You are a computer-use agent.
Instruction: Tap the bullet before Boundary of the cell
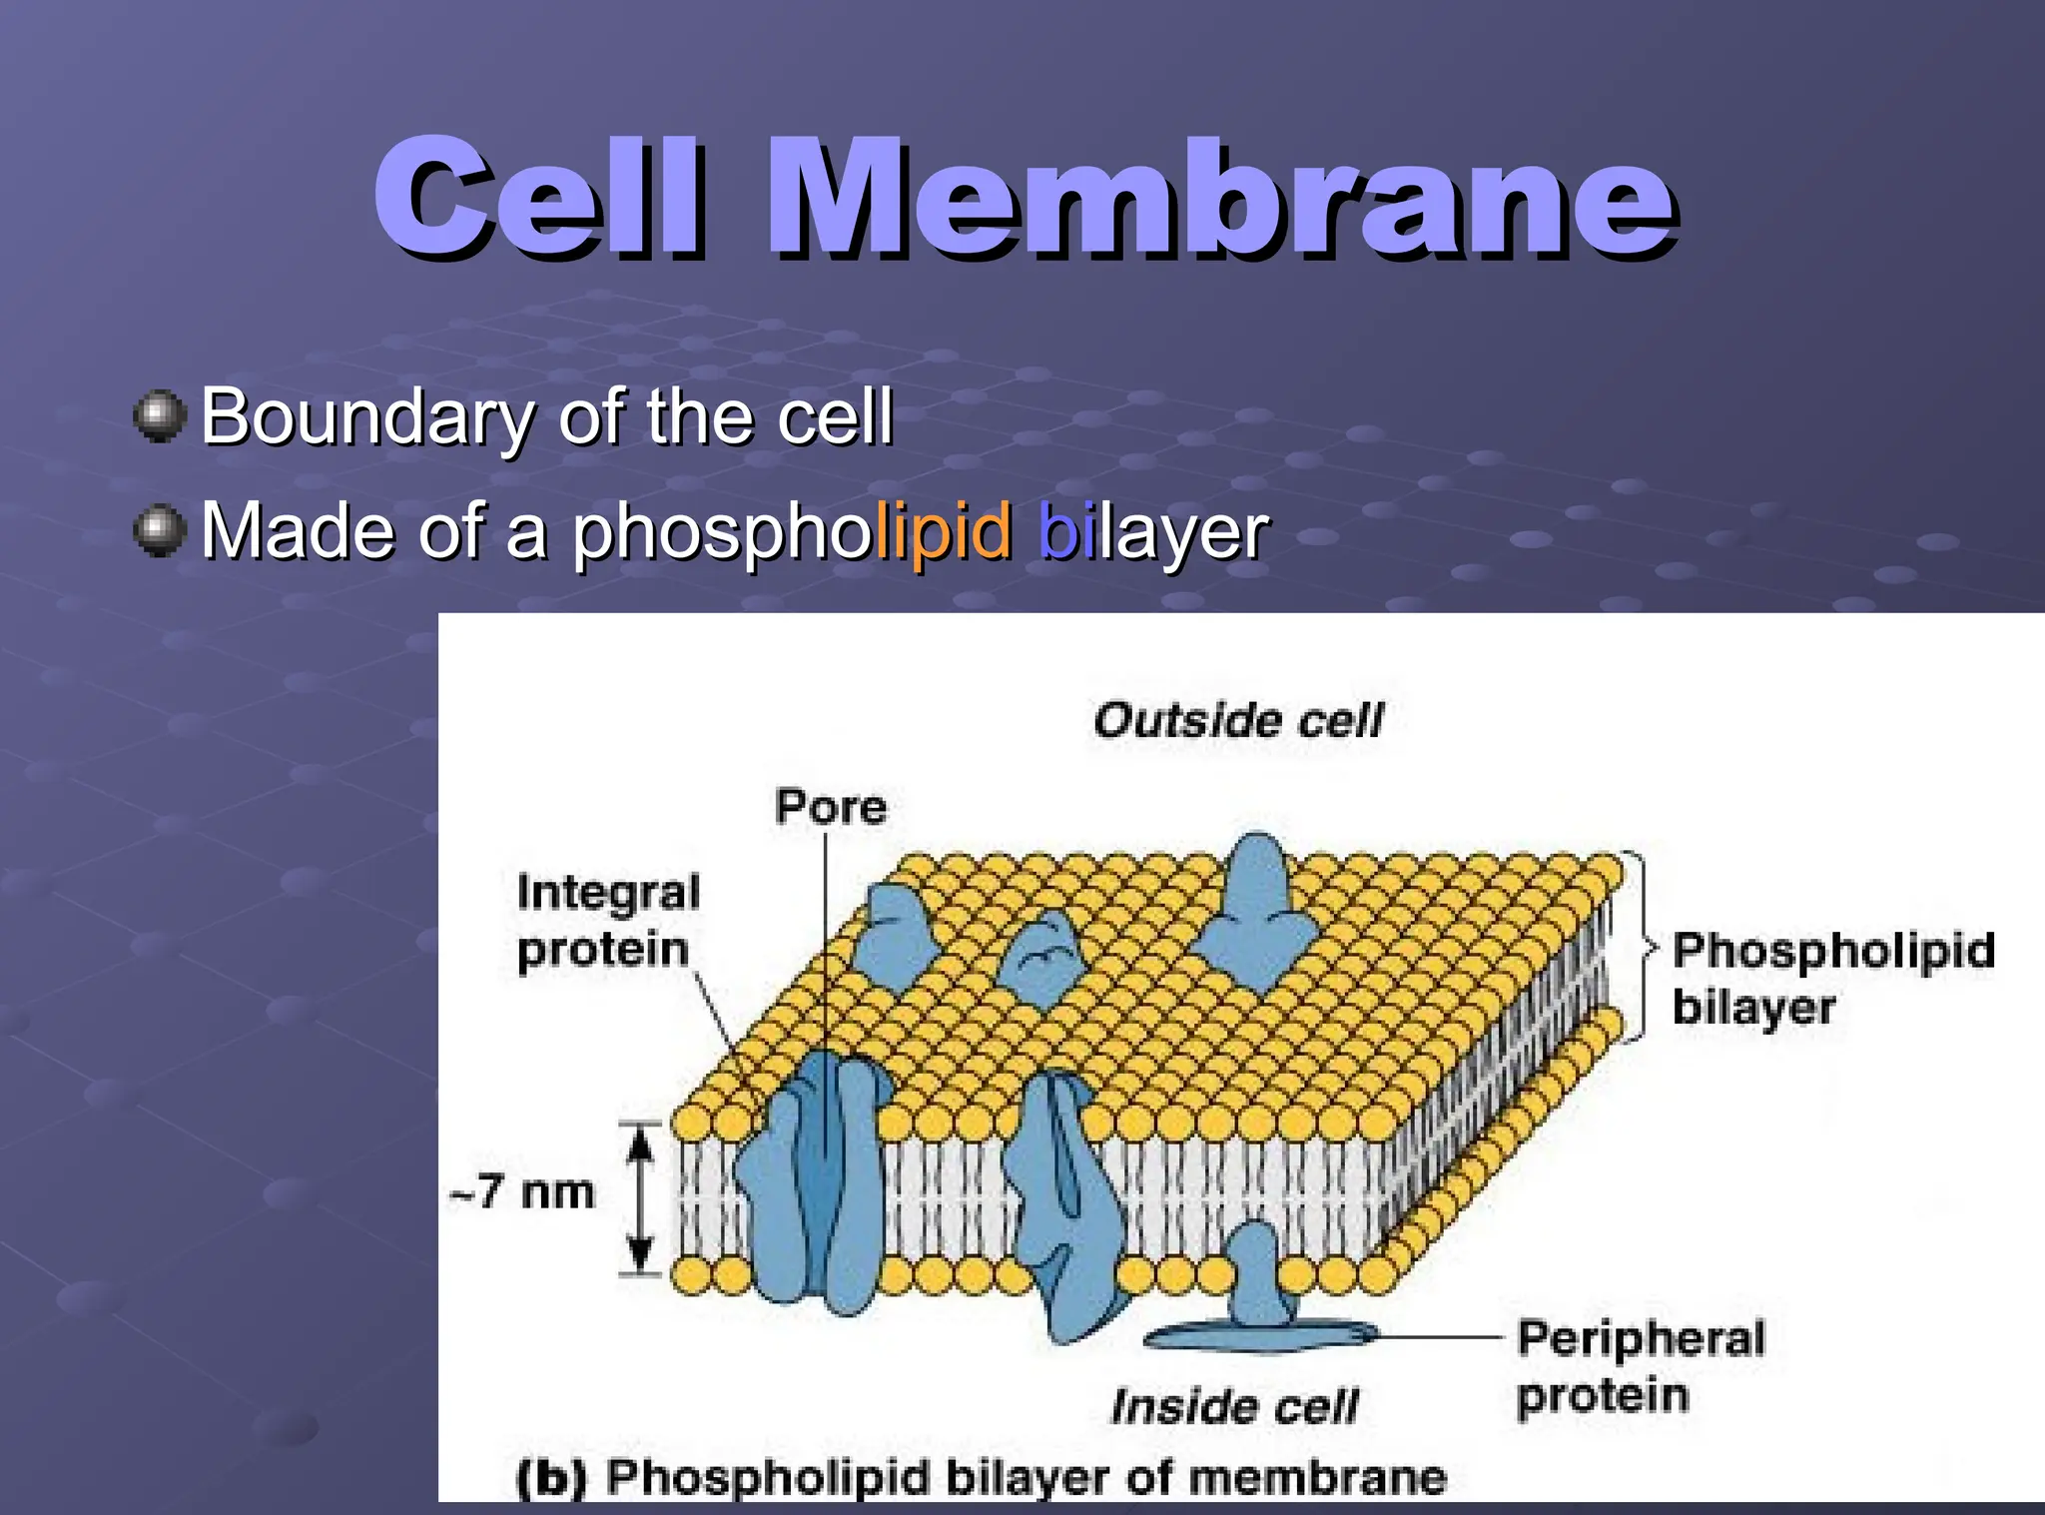click(x=160, y=415)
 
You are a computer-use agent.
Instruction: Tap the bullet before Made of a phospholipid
click(x=160, y=530)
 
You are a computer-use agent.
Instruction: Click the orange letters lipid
click(x=945, y=531)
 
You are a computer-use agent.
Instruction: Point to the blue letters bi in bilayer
click(x=1060, y=531)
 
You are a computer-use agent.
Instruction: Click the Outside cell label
click(x=1238, y=720)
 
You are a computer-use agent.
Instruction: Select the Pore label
click(x=831, y=807)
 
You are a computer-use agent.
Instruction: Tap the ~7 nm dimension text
click(x=522, y=1192)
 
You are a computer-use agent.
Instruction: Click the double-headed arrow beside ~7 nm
click(x=640, y=1198)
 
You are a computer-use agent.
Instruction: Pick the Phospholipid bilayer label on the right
click(x=1832, y=979)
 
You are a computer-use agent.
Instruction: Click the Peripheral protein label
click(x=1641, y=1366)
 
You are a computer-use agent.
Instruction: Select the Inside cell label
click(x=1235, y=1406)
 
